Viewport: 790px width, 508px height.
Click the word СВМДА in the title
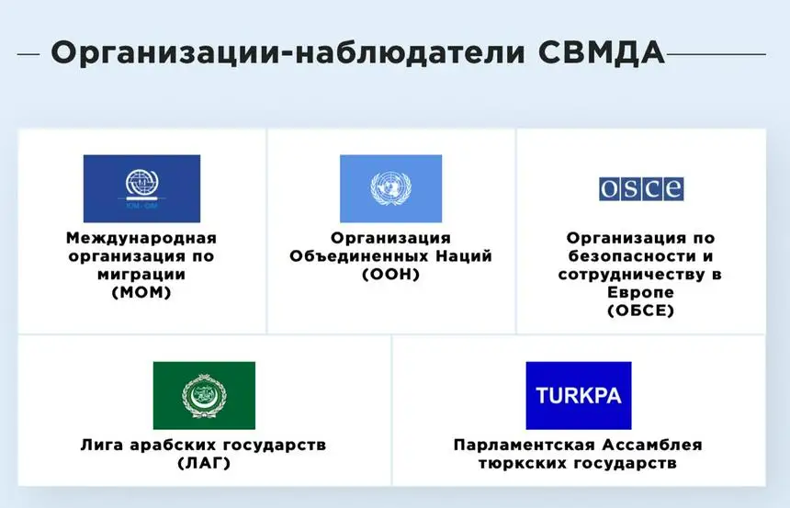coord(602,52)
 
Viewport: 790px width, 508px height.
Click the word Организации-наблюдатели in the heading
coord(288,53)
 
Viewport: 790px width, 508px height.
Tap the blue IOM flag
coord(141,188)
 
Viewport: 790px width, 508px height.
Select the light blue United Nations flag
coord(391,188)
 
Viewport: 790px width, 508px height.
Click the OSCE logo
coord(641,189)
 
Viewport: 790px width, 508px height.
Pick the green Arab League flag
coord(204,395)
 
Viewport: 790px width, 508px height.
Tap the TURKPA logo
coord(579,395)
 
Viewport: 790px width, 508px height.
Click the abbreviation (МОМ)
coord(141,292)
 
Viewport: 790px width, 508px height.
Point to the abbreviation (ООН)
coord(391,274)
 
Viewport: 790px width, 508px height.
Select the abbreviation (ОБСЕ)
coord(641,310)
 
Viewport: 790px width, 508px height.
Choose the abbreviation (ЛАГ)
coord(204,463)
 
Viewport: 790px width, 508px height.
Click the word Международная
coord(141,238)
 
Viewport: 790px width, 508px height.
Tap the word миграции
coord(141,275)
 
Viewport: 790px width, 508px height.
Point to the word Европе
coord(640,292)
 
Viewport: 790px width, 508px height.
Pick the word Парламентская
coord(522,445)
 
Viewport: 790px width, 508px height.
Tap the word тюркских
coord(521,463)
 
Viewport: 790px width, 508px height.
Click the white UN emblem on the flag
coord(391,188)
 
